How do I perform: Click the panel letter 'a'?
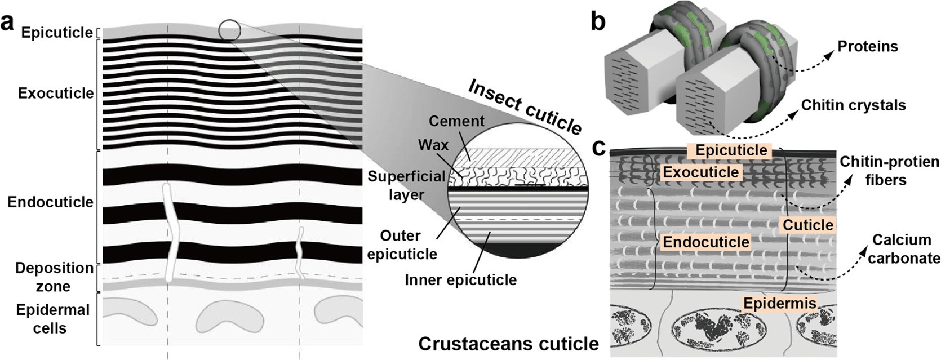point(8,24)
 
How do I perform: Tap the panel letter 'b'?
point(598,21)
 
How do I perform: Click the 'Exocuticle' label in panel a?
point(56,93)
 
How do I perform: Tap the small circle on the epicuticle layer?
point(229,30)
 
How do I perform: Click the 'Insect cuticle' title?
point(525,106)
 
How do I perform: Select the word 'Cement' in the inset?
point(456,121)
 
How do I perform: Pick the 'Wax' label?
point(433,145)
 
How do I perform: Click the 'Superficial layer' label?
point(406,185)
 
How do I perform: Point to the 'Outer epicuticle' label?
point(402,245)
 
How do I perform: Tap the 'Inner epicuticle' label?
point(460,279)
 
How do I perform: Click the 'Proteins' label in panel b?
point(867,46)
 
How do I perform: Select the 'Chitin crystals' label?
point(853,105)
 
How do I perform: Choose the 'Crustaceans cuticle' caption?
point(508,343)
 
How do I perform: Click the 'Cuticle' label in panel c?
point(807,225)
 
